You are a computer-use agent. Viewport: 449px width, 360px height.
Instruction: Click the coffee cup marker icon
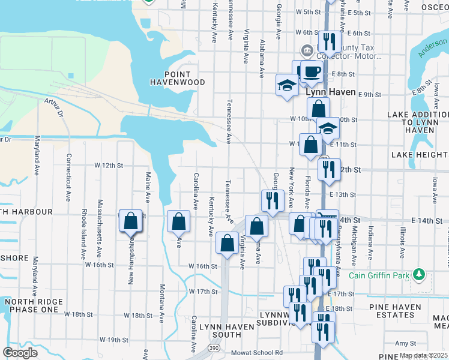pyautogui.click(x=311, y=71)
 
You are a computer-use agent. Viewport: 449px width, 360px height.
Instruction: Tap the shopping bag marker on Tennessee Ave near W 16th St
pyautogui.click(x=227, y=243)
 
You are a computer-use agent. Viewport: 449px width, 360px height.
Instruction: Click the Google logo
pyautogui.click(x=20, y=353)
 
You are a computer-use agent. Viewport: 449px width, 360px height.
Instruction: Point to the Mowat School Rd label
pyautogui.click(x=258, y=352)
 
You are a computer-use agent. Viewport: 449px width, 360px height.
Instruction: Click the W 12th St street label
pyautogui.click(x=108, y=165)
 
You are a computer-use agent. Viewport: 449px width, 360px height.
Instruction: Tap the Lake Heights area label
pyautogui.click(x=419, y=155)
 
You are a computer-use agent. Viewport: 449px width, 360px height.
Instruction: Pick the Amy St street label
pyautogui.click(x=405, y=343)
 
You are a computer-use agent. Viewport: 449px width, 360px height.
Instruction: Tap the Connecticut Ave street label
pyautogui.click(x=69, y=171)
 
